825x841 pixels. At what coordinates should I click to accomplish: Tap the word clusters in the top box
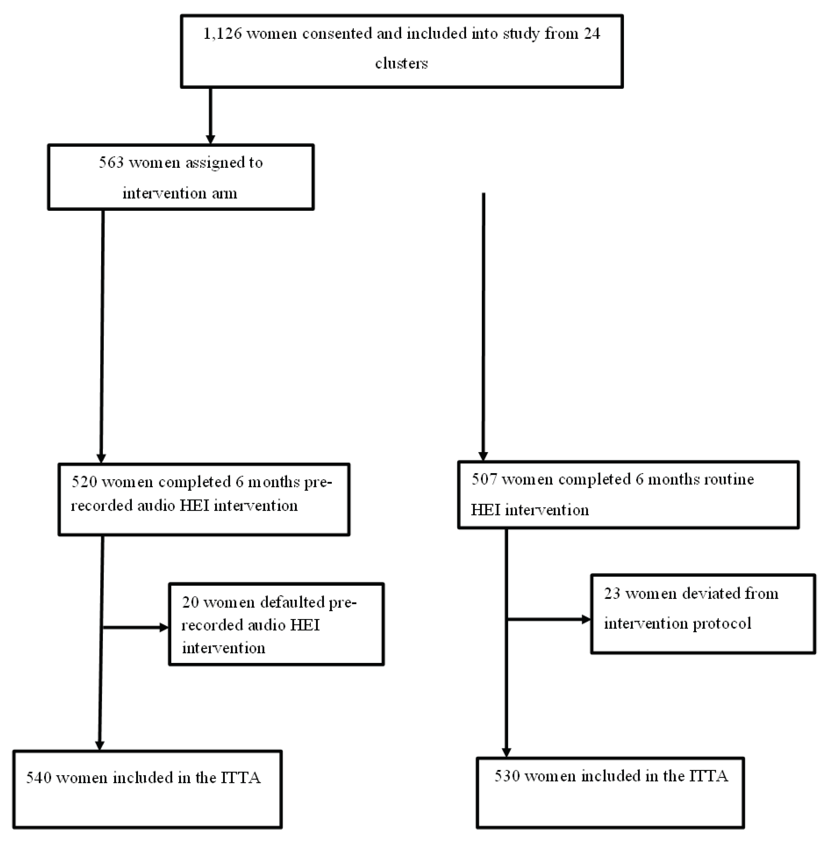(x=401, y=64)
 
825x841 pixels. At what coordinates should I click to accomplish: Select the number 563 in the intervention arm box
(x=111, y=162)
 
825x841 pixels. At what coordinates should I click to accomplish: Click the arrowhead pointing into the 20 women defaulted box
(x=164, y=627)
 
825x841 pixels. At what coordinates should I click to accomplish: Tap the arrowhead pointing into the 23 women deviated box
(x=586, y=620)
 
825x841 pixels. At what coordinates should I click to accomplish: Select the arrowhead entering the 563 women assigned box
(x=211, y=139)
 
